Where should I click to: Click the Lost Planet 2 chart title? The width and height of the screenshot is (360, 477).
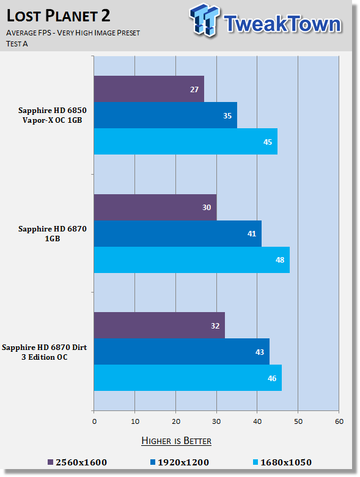click(58, 16)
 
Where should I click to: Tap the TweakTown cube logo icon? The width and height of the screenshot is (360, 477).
click(205, 20)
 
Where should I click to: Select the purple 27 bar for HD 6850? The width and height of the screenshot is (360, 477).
click(149, 89)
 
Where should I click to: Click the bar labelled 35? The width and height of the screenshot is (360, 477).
click(165, 115)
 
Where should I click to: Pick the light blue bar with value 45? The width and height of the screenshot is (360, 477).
click(186, 142)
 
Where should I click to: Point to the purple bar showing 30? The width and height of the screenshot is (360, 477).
click(155, 207)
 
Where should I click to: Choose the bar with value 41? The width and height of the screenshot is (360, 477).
click(177, 234)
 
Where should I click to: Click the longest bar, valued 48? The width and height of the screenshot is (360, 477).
click(192, 260)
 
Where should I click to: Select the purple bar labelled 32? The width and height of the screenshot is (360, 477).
click(159, 325)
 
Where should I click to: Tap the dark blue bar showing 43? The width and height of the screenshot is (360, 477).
click(182, 352)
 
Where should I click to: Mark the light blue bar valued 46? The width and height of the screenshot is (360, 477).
click(188, 378)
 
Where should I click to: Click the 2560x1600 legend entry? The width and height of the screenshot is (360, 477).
click(77, 462)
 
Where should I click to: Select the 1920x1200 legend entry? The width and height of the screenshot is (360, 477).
click(180, 462)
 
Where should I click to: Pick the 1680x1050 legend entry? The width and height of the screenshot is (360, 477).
click(282, 462)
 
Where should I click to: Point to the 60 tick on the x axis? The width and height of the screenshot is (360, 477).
click(339, 421)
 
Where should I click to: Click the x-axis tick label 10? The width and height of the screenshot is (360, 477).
click(135, 421)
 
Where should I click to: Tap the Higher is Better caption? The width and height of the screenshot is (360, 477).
click(176, 441)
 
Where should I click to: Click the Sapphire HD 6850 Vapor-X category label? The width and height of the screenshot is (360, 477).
click(53, 115)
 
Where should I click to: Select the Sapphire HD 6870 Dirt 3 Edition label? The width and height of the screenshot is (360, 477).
click(45, 352)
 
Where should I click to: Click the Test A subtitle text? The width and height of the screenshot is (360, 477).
click(17, 44)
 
